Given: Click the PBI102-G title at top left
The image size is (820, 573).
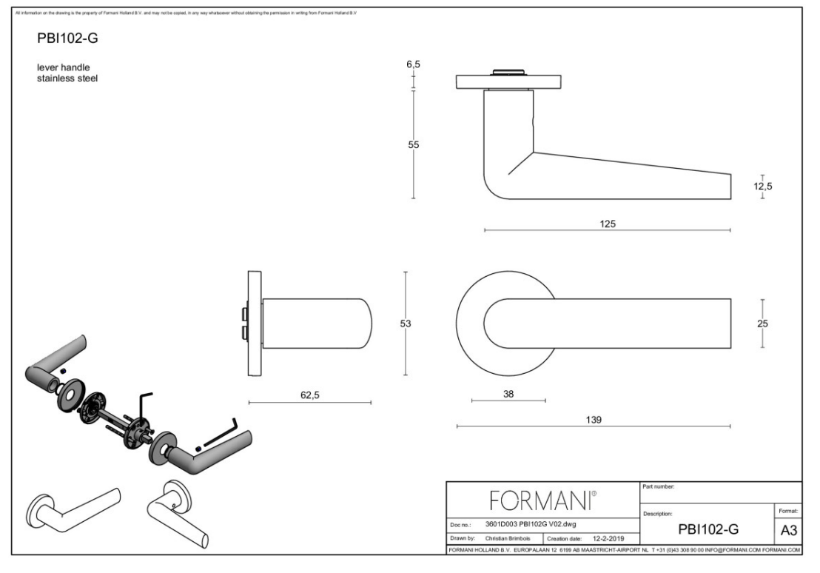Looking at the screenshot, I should point(67,38).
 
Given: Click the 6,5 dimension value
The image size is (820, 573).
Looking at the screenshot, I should point(413,65).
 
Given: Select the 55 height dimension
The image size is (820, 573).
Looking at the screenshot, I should point(414,145).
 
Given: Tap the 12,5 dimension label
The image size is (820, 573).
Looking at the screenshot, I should point(763,187).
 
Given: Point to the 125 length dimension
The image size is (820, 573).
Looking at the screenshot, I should point(608,224).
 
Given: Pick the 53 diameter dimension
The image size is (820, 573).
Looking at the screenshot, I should point(405,323).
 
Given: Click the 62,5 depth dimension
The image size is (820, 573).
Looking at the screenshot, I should point(309,395).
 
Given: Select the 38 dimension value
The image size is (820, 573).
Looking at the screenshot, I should point(508,394).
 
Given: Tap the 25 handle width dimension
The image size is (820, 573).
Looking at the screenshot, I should point(763,323).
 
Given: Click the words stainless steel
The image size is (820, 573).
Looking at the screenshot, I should point(67,77).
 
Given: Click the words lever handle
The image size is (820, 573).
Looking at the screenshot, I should point(64,67).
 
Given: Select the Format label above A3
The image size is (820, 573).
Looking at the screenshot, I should point(787,512).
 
